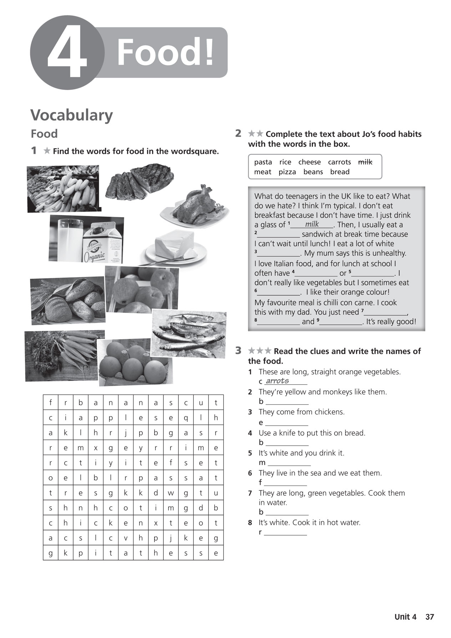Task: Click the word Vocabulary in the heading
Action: [71, 115]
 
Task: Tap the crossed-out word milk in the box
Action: [365, 162]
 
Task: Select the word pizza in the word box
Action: [287, 172]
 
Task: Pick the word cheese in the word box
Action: [309, 162]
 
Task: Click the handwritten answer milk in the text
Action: [312, 224]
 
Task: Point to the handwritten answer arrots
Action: [277, 381]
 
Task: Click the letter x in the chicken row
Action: [156, 523]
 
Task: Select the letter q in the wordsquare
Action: [186, 418]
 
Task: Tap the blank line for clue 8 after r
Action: [285, 533]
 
